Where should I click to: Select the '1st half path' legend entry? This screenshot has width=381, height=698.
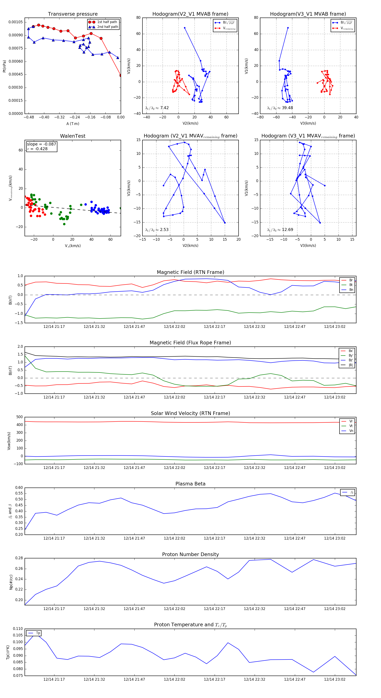(107, 22)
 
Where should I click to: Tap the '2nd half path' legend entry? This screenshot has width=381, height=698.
(107, 27)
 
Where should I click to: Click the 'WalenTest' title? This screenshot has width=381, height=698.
(73, 136)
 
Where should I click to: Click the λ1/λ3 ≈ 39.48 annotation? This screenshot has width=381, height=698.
(280, 108)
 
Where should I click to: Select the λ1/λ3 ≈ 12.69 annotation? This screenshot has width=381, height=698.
(280, 230)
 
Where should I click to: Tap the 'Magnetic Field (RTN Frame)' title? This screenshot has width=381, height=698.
(190, 272)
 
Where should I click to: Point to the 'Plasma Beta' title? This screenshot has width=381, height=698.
(190, 484)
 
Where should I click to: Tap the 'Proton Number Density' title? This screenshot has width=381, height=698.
(190, 554)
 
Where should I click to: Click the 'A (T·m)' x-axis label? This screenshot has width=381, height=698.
(73, 124)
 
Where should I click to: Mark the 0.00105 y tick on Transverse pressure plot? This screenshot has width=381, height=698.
(16, 22)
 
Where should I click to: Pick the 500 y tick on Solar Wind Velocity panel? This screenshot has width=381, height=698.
(19, 417)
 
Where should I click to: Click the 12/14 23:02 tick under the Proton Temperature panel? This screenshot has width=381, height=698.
(335, 679)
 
